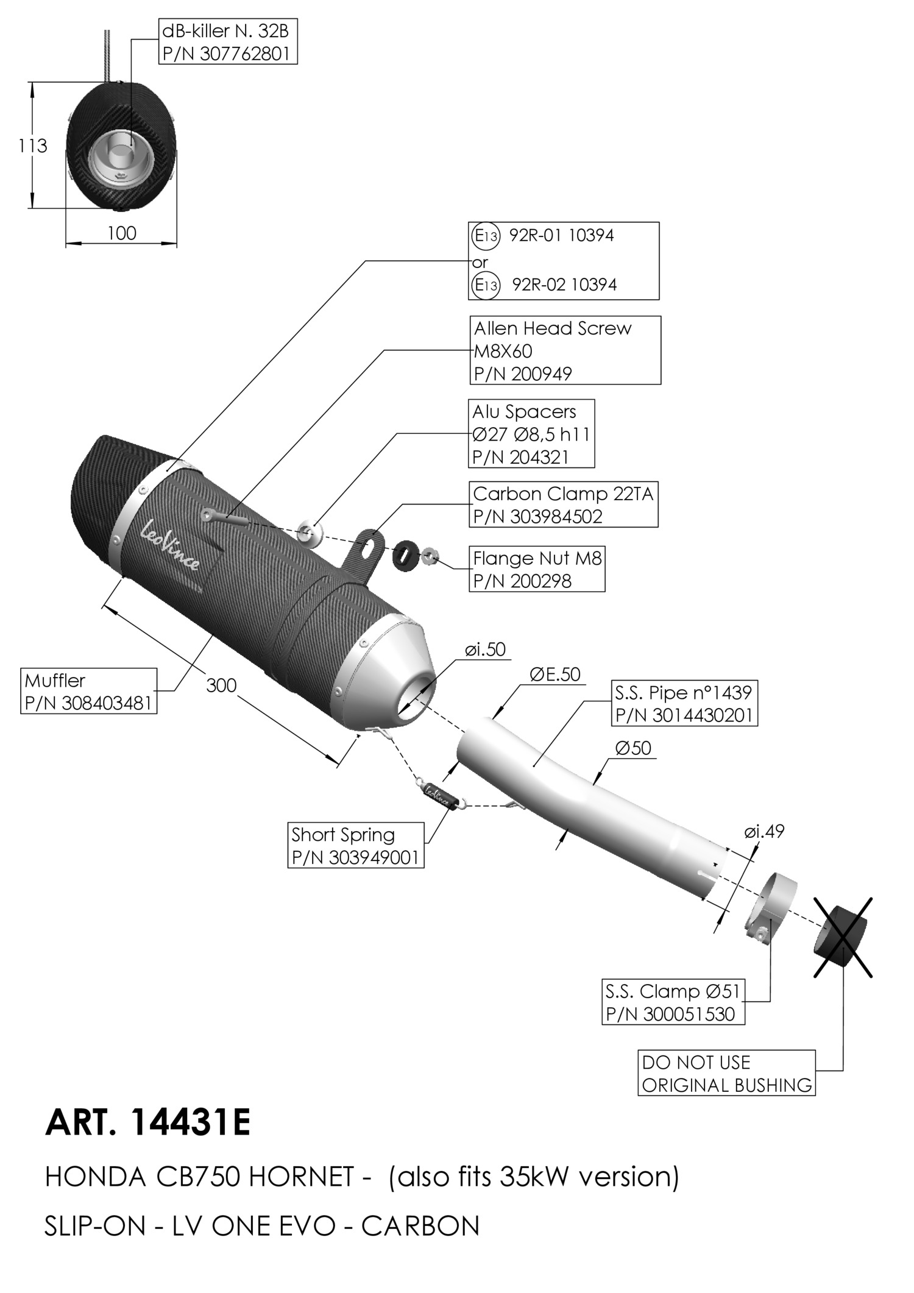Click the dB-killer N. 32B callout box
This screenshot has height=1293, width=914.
228,42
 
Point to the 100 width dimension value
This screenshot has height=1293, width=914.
122,233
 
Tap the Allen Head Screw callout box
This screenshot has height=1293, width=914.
565,350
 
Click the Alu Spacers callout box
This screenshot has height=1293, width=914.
531,434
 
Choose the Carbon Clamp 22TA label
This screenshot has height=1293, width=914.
563,505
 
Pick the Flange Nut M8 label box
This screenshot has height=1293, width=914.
537,569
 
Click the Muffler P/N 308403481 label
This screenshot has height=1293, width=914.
89,691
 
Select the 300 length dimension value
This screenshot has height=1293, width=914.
221,685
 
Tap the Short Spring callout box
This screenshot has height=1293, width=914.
355,845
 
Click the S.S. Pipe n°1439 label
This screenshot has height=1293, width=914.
684,703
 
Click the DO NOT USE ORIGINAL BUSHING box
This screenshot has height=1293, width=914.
726,1073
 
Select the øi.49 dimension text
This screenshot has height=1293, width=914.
764,831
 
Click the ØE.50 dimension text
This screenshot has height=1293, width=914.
555,675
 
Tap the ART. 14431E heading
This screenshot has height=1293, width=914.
147,1122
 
